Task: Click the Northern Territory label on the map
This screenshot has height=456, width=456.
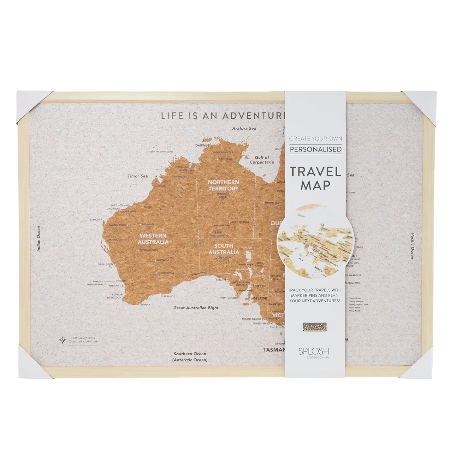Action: [223, 185]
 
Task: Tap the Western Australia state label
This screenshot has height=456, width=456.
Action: [153, 239]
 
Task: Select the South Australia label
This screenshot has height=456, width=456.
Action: [223, 249]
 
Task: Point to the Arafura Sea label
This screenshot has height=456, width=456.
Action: [244, 128]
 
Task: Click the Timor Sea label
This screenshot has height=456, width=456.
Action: [138, 176]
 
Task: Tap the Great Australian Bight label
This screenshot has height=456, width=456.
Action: [196, 308]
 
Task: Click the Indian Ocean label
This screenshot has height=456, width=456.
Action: [39, 239]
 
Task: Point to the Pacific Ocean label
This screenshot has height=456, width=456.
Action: [412, 246]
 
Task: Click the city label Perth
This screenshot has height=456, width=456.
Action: [121, 281]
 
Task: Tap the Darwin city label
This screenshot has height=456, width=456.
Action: [202, 145]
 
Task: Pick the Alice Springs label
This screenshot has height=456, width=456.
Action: [240, 222]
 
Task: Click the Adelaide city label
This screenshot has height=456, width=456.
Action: [259, 298]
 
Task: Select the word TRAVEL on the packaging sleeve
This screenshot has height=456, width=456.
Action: [315, 172]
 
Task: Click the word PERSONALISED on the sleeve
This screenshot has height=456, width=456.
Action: [315, 149]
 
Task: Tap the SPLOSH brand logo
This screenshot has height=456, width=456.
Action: [314, 351]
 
